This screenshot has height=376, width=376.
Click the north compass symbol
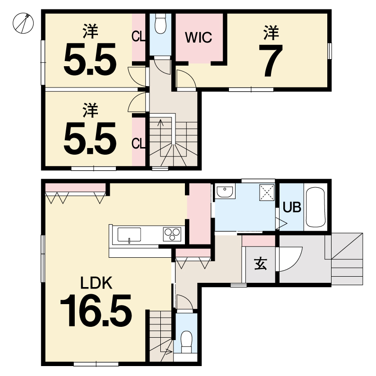tap(23, 23)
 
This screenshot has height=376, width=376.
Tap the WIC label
tap(199, 37)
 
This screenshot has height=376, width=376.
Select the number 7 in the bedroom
tap(271, 61)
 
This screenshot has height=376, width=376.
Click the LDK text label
tap(96, 283)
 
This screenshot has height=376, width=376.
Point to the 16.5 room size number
tap(96, 311)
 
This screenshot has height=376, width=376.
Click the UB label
tap(292, 207)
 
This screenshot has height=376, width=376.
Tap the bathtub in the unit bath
tap(315, 207)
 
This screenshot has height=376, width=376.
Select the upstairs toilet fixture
tap(160, 24)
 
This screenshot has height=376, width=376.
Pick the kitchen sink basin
tap(129, 235)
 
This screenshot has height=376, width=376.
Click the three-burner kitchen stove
tap(172, 234)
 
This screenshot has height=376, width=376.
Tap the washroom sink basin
tap(225, 191)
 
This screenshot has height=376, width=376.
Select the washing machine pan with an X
tap(267, 192)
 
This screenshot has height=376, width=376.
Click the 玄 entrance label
tap(261, 264)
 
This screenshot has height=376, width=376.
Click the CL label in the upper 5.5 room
tap(139, 37)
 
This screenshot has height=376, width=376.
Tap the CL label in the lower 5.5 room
tap(139, 144)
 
